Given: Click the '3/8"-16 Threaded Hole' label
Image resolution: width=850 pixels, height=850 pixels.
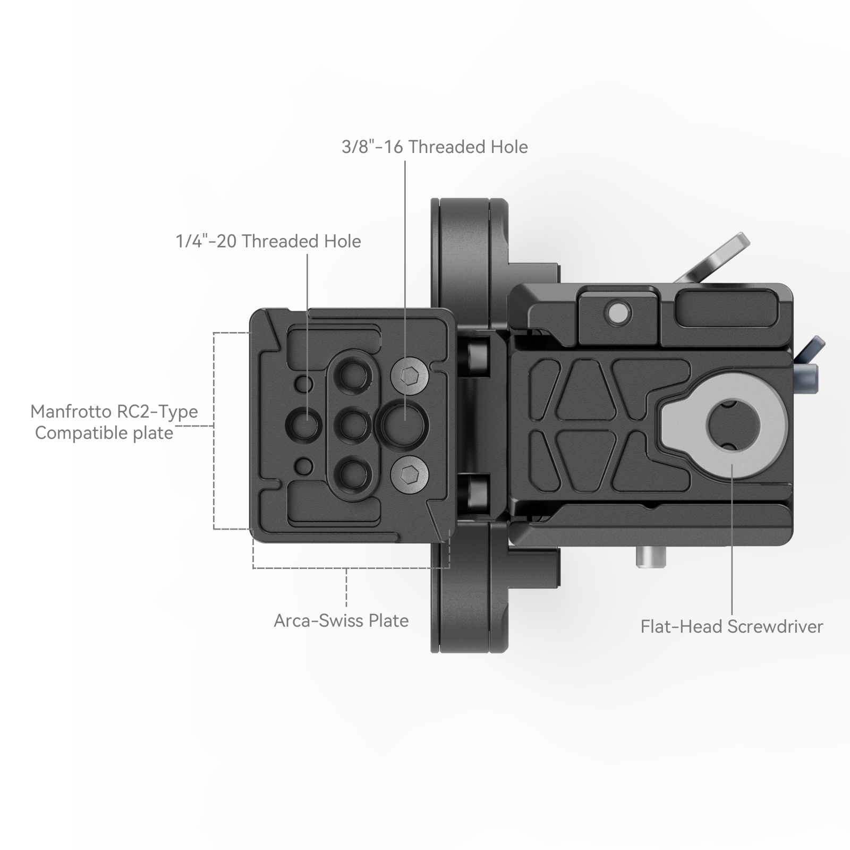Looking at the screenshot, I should click(435, 147).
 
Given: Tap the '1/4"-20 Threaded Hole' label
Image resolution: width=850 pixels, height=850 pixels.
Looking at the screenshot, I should click(268, 241).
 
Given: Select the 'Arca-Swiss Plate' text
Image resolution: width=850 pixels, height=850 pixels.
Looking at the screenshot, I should click(341, 620).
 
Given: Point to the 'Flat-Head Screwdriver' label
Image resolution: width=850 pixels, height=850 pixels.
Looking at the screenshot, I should click(732, 626).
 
